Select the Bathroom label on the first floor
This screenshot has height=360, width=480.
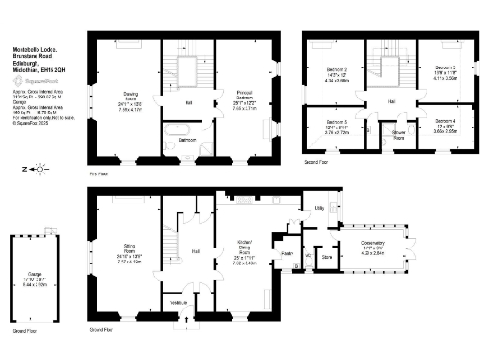pos(183,140)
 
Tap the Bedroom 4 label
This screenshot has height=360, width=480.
pos(444,122)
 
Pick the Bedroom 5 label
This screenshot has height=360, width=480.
pos(336,124)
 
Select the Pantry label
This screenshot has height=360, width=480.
pos(289,253)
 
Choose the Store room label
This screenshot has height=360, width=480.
pos(327,254)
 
